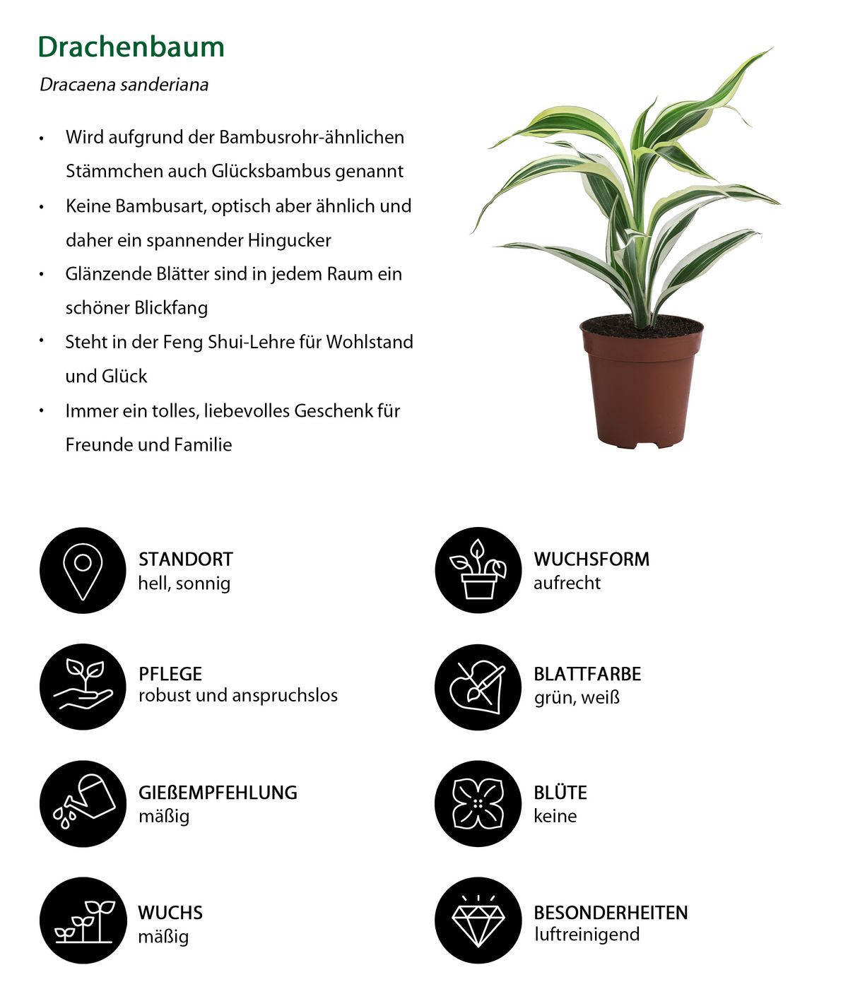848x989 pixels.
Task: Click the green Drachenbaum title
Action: [x=131, y=47]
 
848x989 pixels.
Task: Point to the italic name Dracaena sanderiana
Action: [x=124, y=85]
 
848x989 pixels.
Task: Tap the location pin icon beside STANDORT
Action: [x=83, y=570]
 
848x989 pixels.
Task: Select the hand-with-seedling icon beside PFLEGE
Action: [x=83, y=687]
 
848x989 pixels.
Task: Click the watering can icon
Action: [x=83, y=803]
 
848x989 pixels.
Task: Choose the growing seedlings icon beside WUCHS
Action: [x=83, y=920]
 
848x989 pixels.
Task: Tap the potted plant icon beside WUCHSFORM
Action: [x=478, y=570]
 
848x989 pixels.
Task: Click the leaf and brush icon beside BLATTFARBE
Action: [x=478, y=687]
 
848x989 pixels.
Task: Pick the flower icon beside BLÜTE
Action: [x=478, y=803]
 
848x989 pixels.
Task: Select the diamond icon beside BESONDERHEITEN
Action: [x=478, y=920]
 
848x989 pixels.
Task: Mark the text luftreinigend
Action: [x=587, y=935]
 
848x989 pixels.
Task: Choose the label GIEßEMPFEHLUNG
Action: [x=218, y=793]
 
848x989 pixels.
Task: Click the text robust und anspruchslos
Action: [x=238, y=695]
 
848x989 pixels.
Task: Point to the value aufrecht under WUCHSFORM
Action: [x=567, y=583]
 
